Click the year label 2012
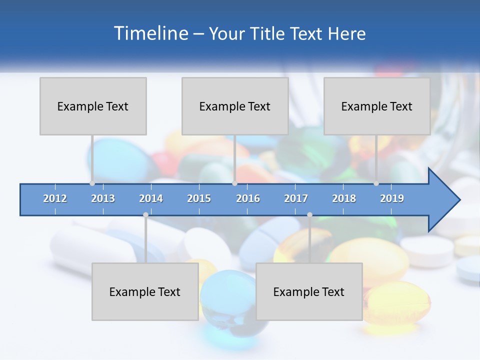55,198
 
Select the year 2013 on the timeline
103,198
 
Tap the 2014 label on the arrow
151,198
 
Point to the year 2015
199,198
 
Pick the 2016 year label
248,198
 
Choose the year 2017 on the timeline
296,198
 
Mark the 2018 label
344,198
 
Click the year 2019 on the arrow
392,198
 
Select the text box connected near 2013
93,106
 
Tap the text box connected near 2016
235,106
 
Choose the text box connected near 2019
377,106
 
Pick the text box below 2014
145,291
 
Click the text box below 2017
309,291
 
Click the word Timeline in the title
150,33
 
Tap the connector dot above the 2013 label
92,183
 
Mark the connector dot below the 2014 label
145,215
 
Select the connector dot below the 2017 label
309,215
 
